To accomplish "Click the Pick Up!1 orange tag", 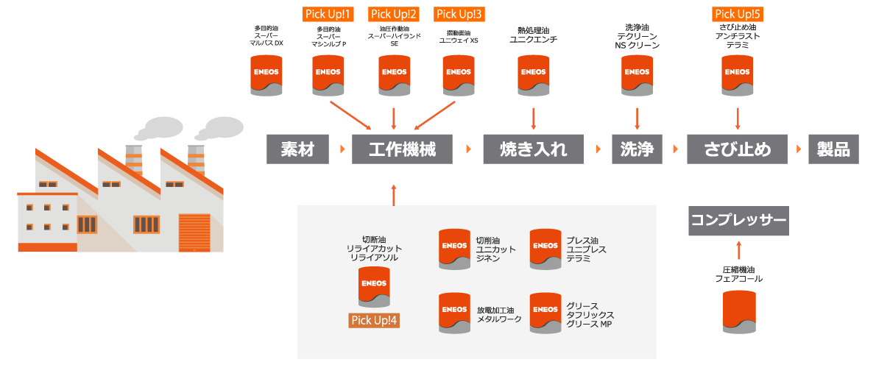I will click(328, 14).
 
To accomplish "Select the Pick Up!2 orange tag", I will click(394, 14).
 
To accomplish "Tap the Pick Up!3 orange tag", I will click(460, 14).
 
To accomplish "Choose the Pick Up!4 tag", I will click(375, 320).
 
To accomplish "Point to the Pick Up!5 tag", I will click(738, 14).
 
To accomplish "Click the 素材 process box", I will click(298, 149).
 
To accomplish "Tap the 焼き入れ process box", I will click(534, 149).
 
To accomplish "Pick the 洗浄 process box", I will click(637, 149).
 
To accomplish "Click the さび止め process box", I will click(738, 149).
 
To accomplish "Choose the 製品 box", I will click(833, 149).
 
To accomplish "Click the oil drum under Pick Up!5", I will click(738, 76).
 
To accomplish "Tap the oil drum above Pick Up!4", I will click(375, 286).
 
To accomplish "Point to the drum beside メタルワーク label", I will click(454, 313).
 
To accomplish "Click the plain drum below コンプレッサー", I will click(738, 311).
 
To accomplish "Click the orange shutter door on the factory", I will click(195, 232).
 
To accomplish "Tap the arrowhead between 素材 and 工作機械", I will click(343, 149).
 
